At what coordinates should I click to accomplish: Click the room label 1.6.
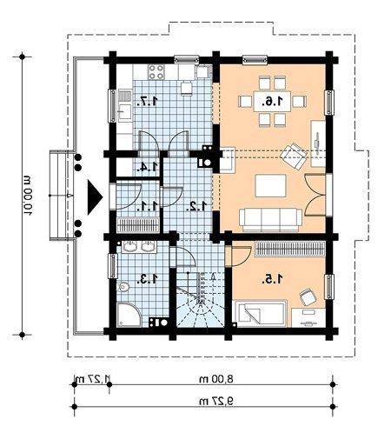point(272,101)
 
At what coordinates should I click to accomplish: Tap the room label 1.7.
point(148,101)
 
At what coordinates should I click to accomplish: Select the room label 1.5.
point(272,279)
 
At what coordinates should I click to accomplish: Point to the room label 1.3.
point(148,279)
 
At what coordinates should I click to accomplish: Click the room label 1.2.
point(197,206)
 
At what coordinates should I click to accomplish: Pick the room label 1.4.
point(148,167)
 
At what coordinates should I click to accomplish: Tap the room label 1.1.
point(148,206)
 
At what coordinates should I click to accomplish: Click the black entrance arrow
point(95,197)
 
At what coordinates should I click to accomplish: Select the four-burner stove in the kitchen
point(156,72)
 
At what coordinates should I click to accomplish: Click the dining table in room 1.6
point(272,101)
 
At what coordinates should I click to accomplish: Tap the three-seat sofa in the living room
point(270,220)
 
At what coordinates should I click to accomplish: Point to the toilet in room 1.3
point(123,287)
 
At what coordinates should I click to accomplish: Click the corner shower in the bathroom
point(129,315)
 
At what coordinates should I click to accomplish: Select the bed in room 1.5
point(260,314)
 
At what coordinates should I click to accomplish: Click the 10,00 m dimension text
point(28,195)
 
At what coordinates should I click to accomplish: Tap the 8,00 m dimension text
point(216,379)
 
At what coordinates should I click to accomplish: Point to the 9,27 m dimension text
point(216,401)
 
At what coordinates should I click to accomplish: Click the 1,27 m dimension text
point(93,378)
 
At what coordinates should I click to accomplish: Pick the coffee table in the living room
point(270,185)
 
